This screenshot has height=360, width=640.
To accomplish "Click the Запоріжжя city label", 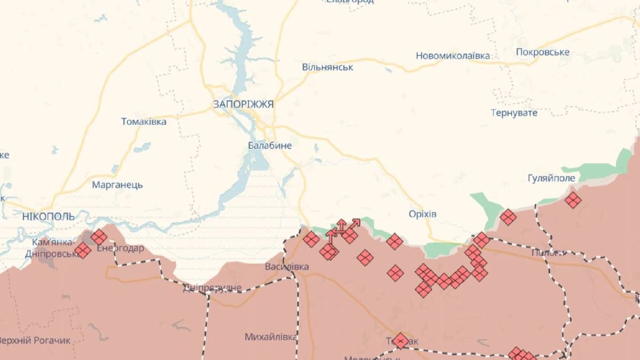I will (243, 105).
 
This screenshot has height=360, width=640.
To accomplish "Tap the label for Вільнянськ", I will (327, 67).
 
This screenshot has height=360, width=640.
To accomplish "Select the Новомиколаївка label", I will (453, 56).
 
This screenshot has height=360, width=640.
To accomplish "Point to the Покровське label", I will (542, 52).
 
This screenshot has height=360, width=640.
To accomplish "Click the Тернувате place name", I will (514, 113).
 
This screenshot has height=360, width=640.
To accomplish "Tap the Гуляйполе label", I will (551, 178).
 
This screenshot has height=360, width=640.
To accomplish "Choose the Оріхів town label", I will (422, 214).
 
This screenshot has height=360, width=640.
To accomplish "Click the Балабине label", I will (270, 145).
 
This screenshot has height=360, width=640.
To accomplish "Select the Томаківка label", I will (143, 122).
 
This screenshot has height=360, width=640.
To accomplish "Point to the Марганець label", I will (117, 185).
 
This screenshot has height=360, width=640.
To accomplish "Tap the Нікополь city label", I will (49, 216).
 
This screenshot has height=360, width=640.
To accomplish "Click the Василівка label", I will (286, 267).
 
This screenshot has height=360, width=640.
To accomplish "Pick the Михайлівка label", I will (270, 337).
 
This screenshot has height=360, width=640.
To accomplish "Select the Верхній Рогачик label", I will (34, 340).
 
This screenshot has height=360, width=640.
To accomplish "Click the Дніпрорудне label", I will (212, 289).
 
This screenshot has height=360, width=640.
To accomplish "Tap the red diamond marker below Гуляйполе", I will (573, 201).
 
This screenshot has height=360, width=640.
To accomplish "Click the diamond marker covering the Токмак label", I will (401, 341).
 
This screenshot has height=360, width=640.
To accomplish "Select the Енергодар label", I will (120, 249).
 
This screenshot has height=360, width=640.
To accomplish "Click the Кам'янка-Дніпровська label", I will (52, 248).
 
